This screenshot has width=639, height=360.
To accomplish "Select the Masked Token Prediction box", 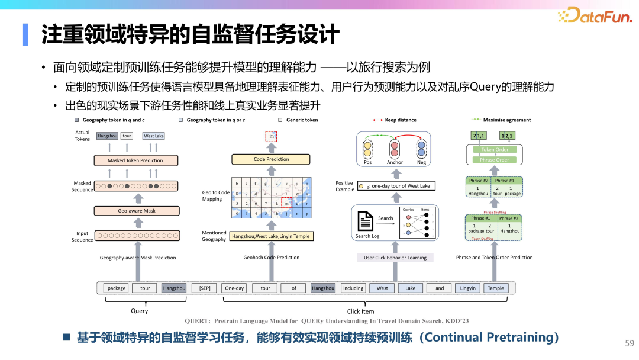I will click(135, 160).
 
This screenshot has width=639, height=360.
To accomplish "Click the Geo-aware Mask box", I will click(137, 211).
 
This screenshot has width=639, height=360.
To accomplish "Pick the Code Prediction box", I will click(272, 159).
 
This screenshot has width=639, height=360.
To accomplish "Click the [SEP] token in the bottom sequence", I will click(205, 288).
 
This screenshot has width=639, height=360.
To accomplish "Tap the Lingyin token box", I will click(467, 288).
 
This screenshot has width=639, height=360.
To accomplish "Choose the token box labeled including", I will click(353, 288).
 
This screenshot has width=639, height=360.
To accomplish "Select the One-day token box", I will click(234, 288).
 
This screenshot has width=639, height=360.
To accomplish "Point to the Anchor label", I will click(395, 162).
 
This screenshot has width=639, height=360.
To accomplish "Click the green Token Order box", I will click(495, 150).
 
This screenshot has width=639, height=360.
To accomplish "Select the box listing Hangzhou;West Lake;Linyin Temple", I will click(270, 236).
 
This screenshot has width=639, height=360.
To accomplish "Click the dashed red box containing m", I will click(272, 137).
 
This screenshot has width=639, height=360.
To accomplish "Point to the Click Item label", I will click(360, 311).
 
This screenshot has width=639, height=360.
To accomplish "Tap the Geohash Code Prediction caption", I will click(272, 258).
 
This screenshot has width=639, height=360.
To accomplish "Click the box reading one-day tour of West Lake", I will click(396, 186).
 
